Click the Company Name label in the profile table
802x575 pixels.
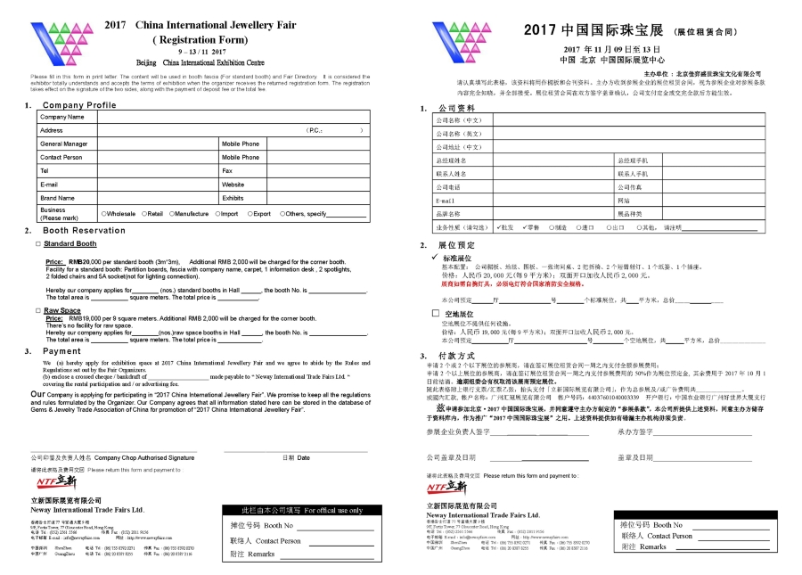click(x=61, y=117)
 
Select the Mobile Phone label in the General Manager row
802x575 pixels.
click(x=241, y=144)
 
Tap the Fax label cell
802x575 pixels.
click(x=227, y=170)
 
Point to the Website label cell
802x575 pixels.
click(x=233, y=185)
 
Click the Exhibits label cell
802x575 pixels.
click(x=233, y=198)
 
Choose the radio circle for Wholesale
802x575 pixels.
click(x=104, y=214)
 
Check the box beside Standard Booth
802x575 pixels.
click(x=37, y=243)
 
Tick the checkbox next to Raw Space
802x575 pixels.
click(x=37, y=310)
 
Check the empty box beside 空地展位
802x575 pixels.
click(x=435, y=314)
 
